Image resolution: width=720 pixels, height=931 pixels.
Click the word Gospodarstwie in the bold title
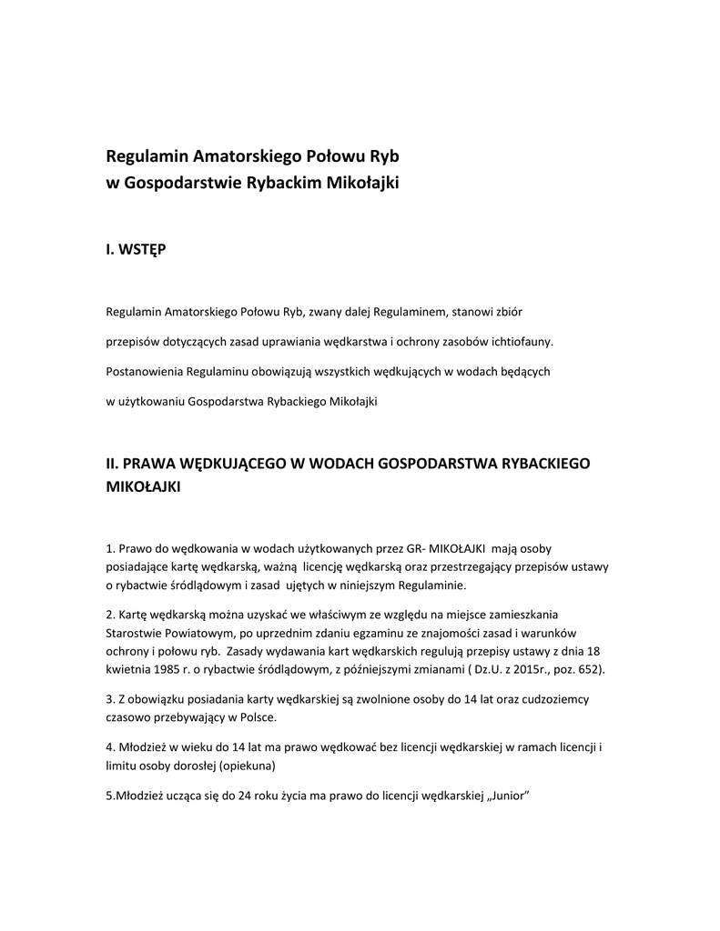tap(182, 183)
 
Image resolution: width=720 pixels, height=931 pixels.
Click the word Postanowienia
tap(144, 372)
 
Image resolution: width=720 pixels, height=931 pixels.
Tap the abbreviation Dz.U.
tap(482, 669)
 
